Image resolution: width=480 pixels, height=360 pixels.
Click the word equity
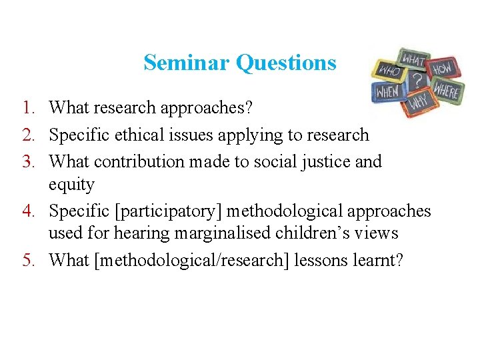pos(72,185)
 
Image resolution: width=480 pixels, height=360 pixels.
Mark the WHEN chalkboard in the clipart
pos(387,91)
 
